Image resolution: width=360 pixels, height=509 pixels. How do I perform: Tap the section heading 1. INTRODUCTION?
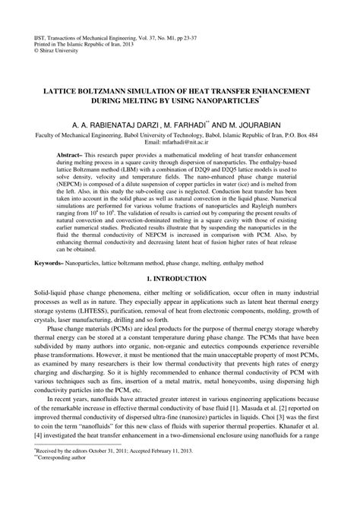[x=180, y=281]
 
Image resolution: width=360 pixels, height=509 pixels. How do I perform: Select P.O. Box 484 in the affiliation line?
[x=311, y=134]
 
